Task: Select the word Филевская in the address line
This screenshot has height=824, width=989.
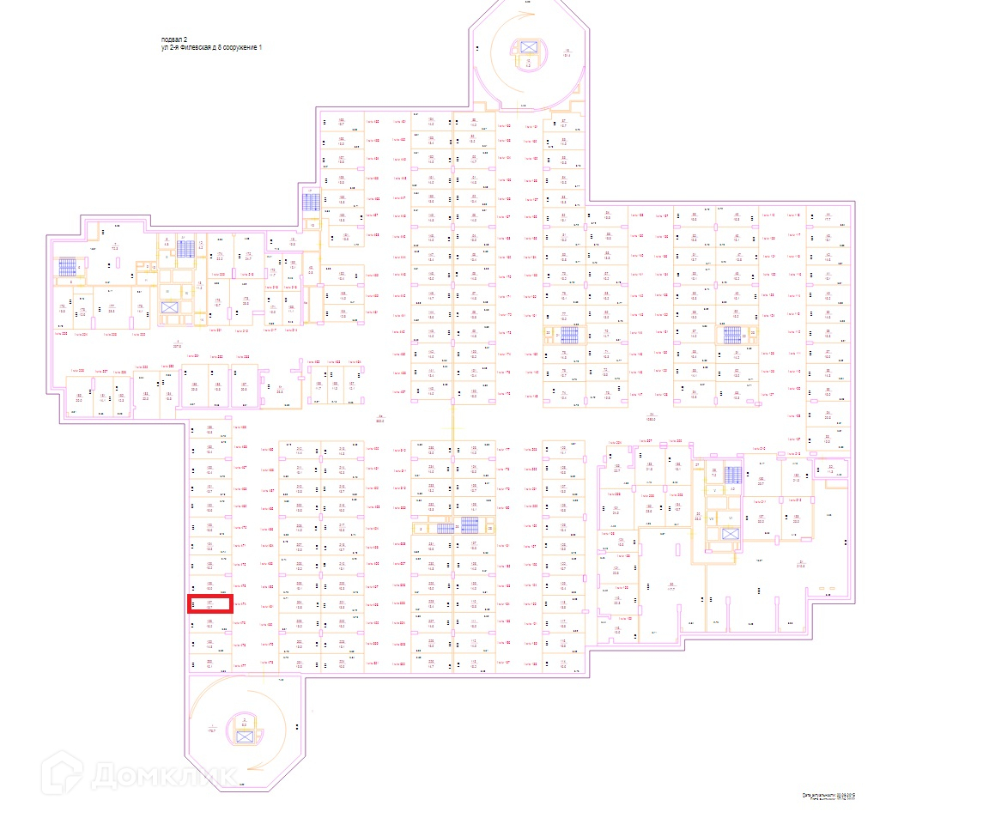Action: point(194,48)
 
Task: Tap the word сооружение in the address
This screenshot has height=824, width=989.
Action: point(237,48)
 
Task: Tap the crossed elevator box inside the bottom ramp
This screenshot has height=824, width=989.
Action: point(244,736)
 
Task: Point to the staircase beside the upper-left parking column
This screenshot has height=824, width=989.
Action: point(311,203)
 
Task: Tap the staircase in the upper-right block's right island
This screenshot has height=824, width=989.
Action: point(731,335)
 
